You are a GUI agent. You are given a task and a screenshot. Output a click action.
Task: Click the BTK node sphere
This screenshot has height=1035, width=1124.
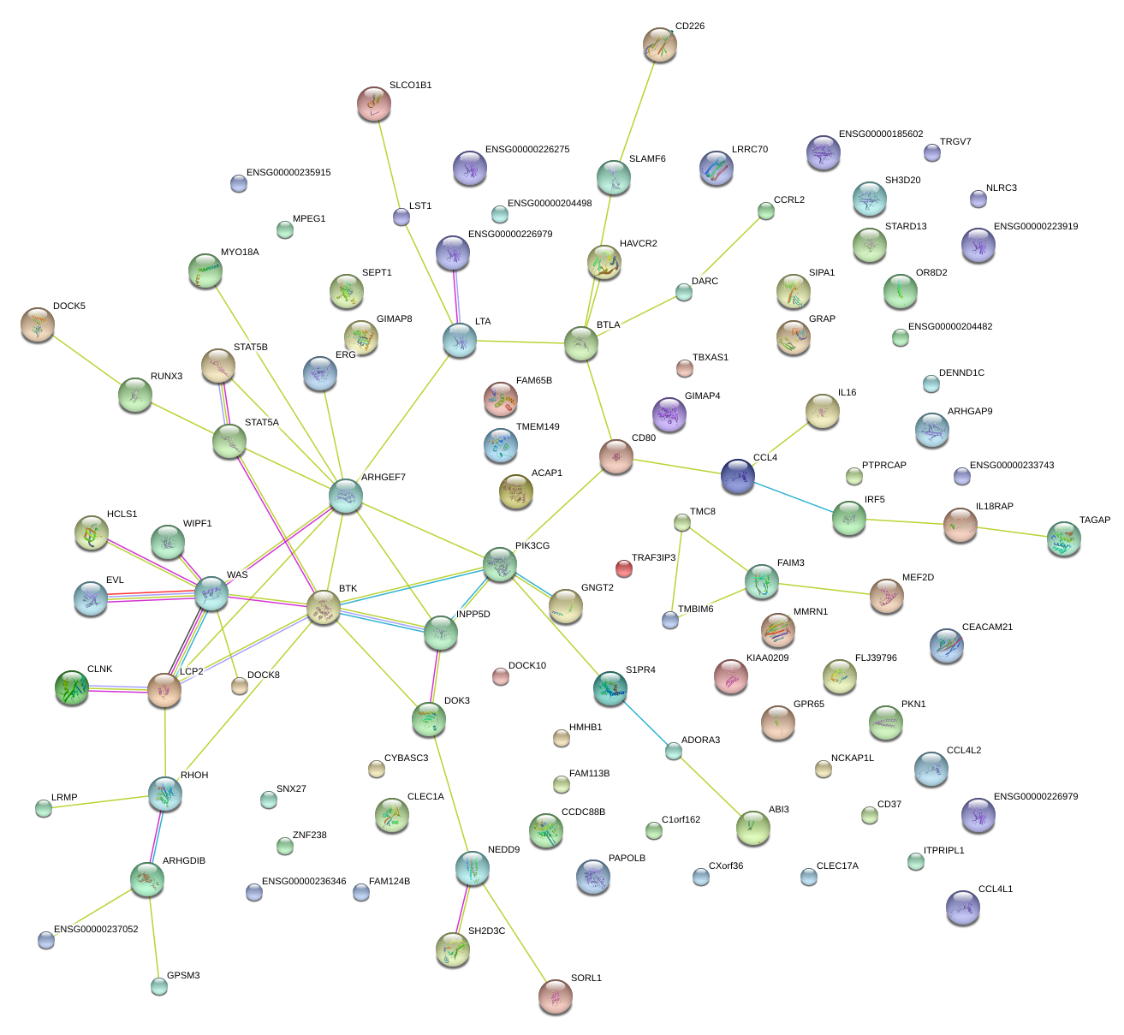(324, 607)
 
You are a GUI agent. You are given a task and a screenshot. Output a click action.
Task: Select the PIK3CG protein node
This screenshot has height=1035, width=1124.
(500, 563)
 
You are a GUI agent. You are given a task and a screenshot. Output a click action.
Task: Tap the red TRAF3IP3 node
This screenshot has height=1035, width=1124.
(624, 568)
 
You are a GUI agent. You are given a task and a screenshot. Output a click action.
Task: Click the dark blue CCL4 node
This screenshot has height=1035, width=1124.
(738, 476)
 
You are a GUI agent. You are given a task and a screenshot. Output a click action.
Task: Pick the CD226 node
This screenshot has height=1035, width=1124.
(659, 45)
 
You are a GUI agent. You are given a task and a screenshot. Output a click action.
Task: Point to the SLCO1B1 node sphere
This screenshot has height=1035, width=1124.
(374, 103)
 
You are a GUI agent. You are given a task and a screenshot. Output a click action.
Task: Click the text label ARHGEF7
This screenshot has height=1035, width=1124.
(383, 478)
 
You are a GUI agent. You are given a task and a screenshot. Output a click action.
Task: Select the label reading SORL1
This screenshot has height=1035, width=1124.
(586, 978)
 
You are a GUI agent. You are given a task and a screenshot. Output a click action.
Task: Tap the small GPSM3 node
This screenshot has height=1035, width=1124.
(159, 985)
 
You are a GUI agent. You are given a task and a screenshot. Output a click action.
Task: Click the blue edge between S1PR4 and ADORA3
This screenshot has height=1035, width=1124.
(642, 719)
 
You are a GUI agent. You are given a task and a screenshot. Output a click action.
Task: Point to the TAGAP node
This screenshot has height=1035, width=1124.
(1064, 538)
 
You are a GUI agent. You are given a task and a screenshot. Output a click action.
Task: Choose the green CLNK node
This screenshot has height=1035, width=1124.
(71, 687)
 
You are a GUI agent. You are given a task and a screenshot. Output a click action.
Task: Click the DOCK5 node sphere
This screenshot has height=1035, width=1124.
(38, 324)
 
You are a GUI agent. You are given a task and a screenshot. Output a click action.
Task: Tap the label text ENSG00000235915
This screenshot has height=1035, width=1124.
(288, 173)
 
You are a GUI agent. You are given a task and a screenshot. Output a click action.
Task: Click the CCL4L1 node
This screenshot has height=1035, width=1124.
(963, 907)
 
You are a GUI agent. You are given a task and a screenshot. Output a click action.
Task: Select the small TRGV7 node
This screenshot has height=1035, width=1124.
(932, 152)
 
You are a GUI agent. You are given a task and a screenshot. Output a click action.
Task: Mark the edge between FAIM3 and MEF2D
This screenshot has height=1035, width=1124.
(824, 589)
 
